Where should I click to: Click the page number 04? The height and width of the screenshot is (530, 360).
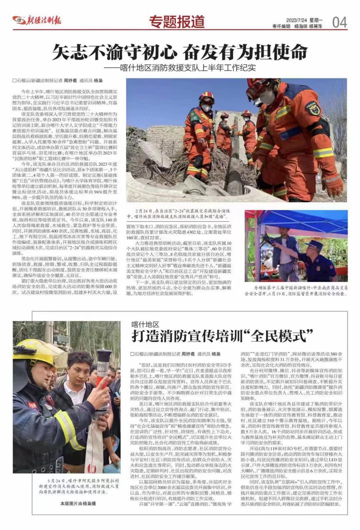tap(340, 22)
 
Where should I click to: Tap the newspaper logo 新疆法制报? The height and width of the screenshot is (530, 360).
tap(37, 20)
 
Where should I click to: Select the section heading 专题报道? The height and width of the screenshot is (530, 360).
tap(176, 22)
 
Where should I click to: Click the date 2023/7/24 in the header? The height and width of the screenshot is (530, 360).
tap(296, 20)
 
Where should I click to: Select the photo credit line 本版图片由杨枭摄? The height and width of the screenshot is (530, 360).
tap(78, 503)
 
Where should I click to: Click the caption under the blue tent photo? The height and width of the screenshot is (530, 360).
tap(296, 290)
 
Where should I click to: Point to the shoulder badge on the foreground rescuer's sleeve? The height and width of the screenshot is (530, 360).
tap(312, 108)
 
